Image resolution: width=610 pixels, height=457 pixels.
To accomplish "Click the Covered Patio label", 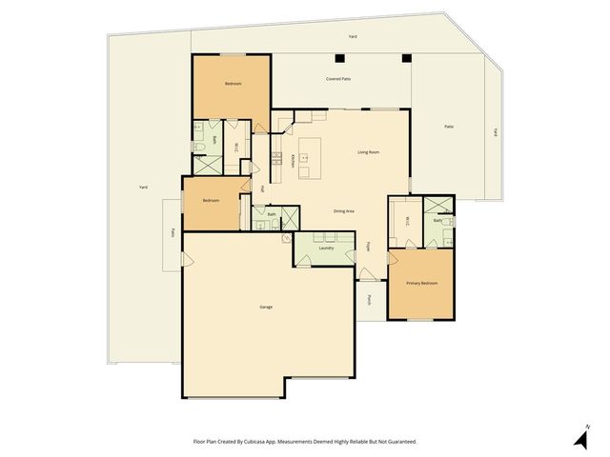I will pos(338,79).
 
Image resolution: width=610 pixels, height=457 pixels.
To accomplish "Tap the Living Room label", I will pos(369,152).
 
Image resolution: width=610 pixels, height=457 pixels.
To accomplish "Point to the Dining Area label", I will pos(344,210).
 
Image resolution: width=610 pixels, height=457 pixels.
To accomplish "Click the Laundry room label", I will pos(326,248).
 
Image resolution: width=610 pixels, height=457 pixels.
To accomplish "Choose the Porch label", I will pos(369,300).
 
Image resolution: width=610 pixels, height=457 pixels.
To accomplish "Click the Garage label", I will pos(266,307).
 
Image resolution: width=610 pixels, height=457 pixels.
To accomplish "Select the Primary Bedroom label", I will pos(422,283).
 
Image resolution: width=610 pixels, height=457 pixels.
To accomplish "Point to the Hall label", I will pos(262,188).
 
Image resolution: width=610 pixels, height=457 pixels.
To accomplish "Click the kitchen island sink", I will pos(307,157).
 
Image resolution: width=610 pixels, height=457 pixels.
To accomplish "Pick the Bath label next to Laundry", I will pos(272,214).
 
